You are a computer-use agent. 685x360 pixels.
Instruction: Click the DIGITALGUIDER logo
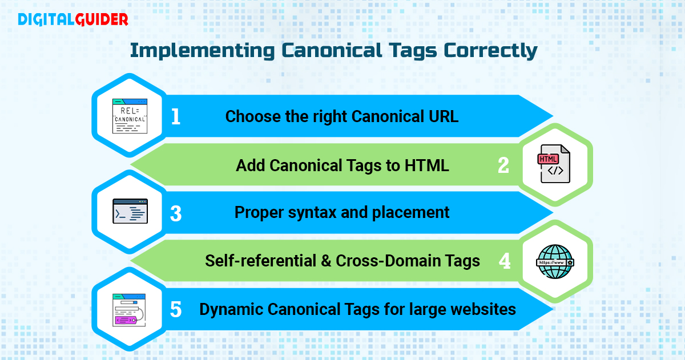(x=72, y=20)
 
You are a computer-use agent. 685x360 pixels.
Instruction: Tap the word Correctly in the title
(x=490, y=50)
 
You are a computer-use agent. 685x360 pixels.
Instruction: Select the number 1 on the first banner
(x=176, y=117)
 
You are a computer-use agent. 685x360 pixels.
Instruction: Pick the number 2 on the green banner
(x=503, y=165)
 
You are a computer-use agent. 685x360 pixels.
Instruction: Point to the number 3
(x=176, y=213)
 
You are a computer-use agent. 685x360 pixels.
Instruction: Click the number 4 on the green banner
(x=504, y=261)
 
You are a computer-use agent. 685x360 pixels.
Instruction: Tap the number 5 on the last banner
(x=176, y=310)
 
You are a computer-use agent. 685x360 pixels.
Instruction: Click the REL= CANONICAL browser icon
(x=130, y=116)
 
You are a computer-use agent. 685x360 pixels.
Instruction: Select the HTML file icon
(x=554, y=164)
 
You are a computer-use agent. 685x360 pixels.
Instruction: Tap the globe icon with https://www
(x=554, y=261)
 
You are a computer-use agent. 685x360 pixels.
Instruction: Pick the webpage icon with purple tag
(x=130, y=309)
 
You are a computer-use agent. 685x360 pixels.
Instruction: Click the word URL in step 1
(x=443, y=116)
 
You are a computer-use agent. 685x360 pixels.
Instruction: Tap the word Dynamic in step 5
(x=230, y=310)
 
